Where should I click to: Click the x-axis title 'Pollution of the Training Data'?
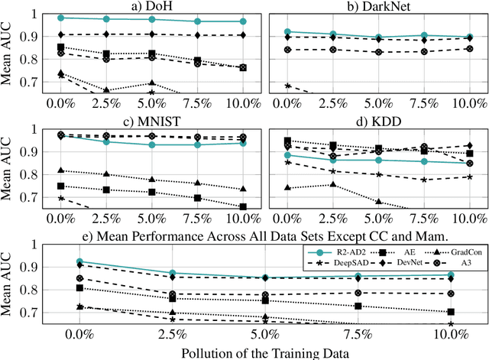[x=265, y=353]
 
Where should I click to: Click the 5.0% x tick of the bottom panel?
[x=265, y=333]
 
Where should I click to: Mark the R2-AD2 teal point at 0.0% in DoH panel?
[x=61, y=17]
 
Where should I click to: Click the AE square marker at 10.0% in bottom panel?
[x=451, y=312]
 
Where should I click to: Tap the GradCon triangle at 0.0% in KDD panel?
[x=287, y=187]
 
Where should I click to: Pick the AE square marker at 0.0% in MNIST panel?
[x=61, y=186]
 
